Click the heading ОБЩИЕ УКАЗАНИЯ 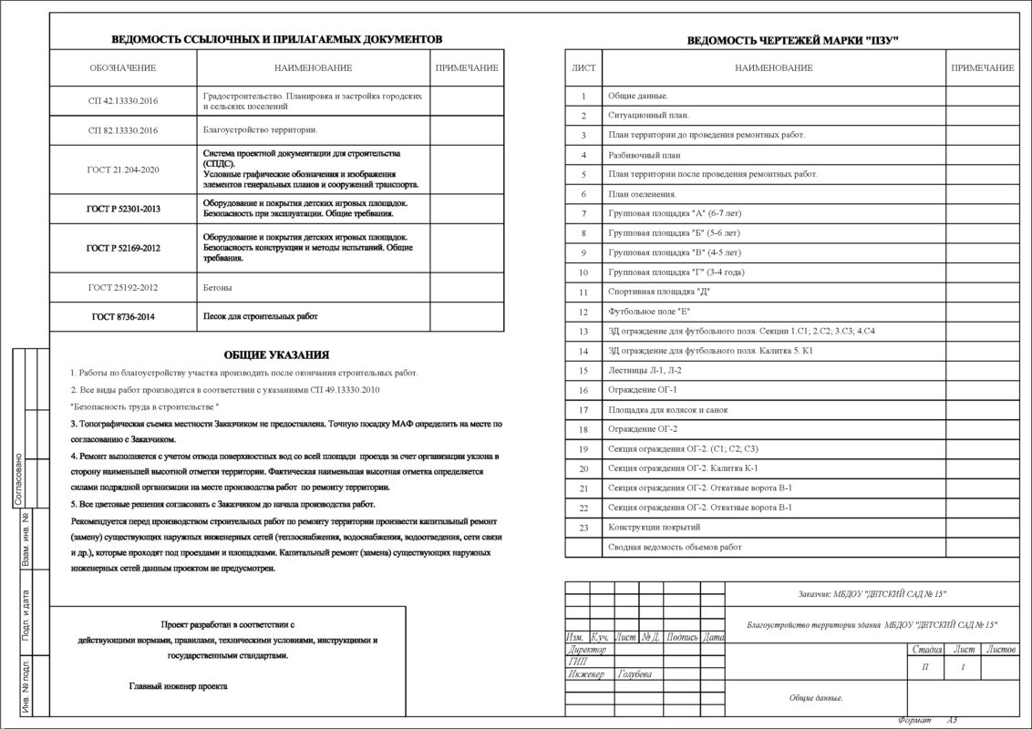pyautogui.click(x=276, y=354)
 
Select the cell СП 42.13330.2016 pyautogui.click(x=123, y=100)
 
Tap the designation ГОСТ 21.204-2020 pyautogui.click(x=123, y=169)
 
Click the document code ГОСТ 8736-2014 pyautogui.click(x=123, y=316)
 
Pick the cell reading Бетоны pyautogui.click(x=216, y=287)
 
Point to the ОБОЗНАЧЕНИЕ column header pyautogui.click(x=123, y=68)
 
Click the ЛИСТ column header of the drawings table pyautogui.click(x=583, y=68)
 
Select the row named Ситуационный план pyautogui.click(x=648, y=116)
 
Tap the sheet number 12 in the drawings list pyautogui.click(x=583, y=312)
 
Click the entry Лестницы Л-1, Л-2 pyautogui.click(x=645, y=370)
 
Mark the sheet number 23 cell pyautogui.click(x=583, y=528)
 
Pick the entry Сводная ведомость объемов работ pyautogui.click(x=675, y=547)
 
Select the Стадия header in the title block pyautogui.click(x=926, y=650)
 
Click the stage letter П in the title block pyautogui.click(x=926, y=669)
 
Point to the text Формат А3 pyautogui.click(x=927, y=720)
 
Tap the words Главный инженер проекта pyautogui.click(x=178, y=686)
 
